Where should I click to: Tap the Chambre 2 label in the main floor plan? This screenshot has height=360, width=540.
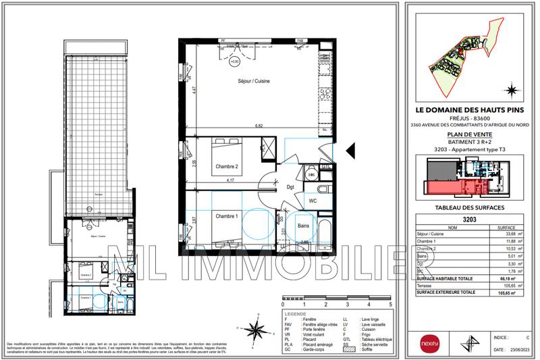[227, 166]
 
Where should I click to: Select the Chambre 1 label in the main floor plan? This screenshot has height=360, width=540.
[227, 216]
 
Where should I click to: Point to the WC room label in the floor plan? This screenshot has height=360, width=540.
[313, 201]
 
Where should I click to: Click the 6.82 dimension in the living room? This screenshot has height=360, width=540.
[259, 125]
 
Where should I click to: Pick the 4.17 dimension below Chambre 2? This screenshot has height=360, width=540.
[231, 180]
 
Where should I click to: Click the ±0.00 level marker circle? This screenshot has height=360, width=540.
[235, 61]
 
